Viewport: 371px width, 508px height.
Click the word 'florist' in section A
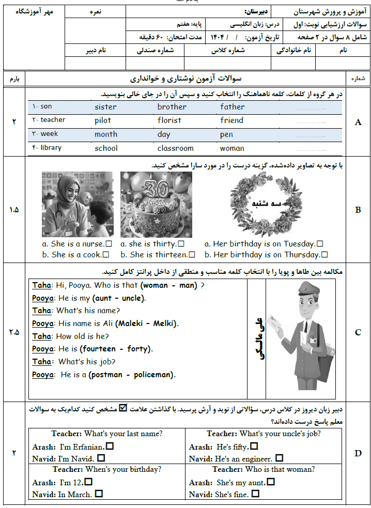[169, 120]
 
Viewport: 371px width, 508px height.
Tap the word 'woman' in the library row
[232, 148]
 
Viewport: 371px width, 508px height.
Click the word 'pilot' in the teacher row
[103, 120]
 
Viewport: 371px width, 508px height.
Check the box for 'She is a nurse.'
[109, 244]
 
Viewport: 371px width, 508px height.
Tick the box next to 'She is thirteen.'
[192, 255]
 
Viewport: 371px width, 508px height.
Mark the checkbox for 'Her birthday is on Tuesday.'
[320, 244]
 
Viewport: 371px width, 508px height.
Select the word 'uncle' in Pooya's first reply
[133, 298]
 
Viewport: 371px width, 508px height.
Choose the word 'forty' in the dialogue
[138, 349]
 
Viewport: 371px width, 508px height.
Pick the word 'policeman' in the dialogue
[154, 375]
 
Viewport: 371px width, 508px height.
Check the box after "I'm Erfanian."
[110, 445]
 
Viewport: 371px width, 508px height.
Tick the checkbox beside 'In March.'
[99, 494]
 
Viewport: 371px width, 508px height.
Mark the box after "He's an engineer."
[279, 458]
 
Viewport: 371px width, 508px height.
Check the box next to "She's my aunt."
[271, 482]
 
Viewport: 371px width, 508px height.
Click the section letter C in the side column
[358, 332]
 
